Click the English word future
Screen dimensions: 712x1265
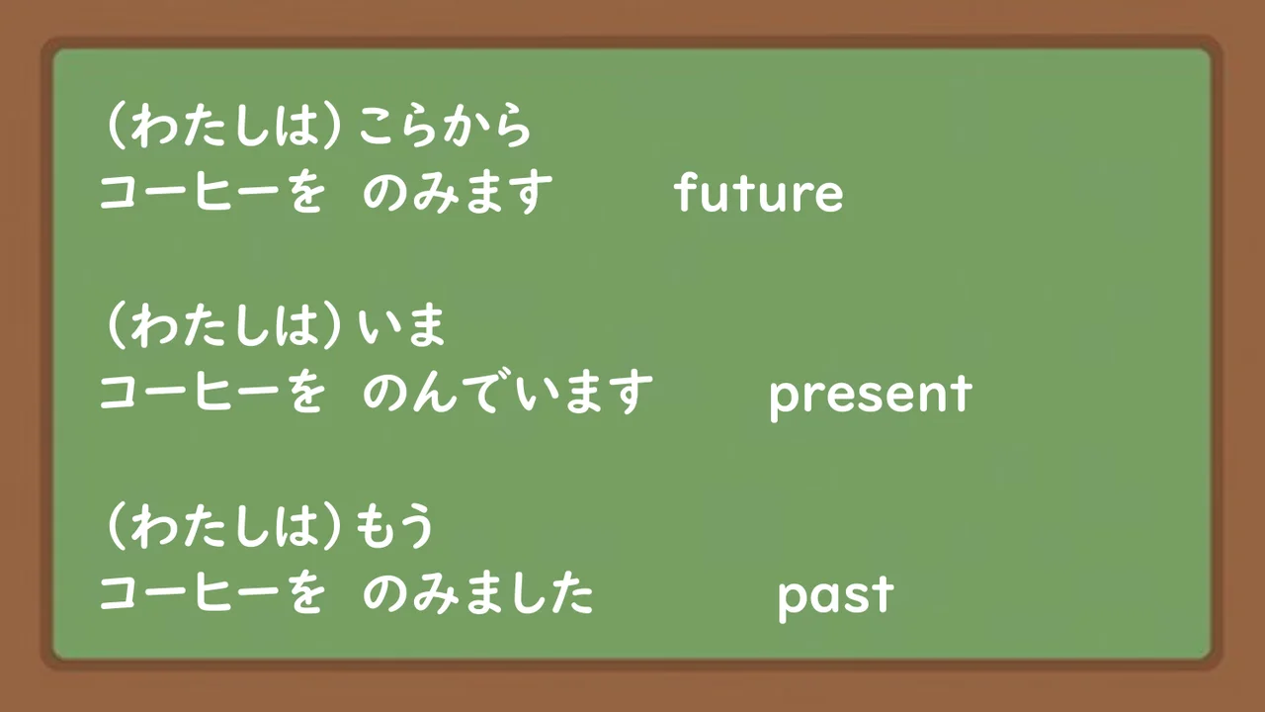pyautogui.click(x=759, y=193)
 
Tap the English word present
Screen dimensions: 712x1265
pyautogui.click(x=870, y=395)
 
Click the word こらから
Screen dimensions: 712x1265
pyautogui.click(x=445, y=128)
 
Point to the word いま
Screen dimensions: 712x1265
pyautogui.click(x=403, y=326)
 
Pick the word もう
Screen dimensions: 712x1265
pyautogui.click(x=396, y=528)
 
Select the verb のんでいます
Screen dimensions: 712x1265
pyautogui.click(x=507, y=394)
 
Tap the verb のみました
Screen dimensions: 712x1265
pyautogui.click(x=478, y=594)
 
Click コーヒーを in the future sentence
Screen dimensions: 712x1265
pyautogui.click(x=211, y=194)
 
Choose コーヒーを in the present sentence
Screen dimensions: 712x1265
pyautogui.click(x=211, y=394)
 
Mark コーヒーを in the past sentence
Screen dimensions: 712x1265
pyautogui.click(x=211, y=594)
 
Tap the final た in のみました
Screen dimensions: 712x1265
pyautogui.click(x=573, y=594)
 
